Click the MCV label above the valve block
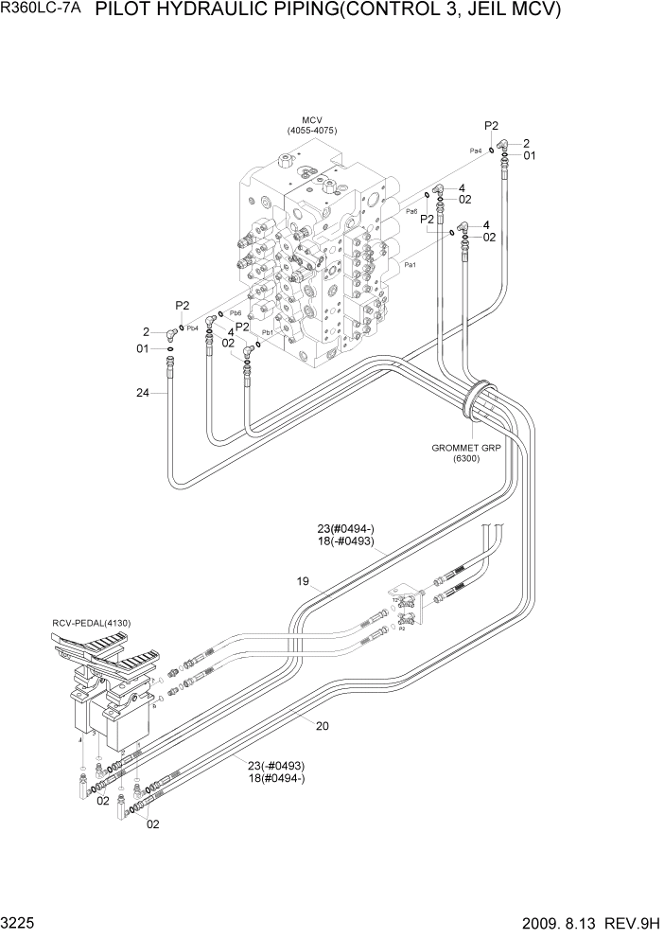click(x=312, y=119)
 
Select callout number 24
click(x=143, y=393)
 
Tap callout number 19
click(x=303, y=582)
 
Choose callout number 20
click(x=322, y=726)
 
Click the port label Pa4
click(x=476, y=151)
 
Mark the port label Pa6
click(x=411, y=211)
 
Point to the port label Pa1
click(x=411, y=266)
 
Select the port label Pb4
click(x=192, y=328)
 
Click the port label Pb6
click(x=236, y=313)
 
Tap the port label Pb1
click(x=268, y=332)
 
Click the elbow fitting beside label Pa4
click(x=504, y=145)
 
